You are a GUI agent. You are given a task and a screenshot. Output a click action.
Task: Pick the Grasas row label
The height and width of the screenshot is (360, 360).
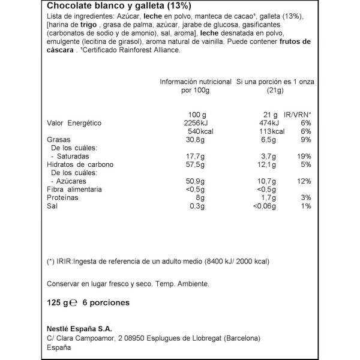59,140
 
